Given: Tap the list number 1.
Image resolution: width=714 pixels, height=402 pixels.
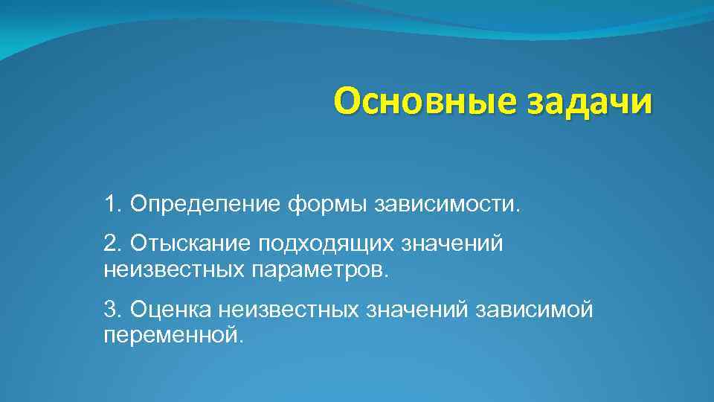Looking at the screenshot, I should pyautogui.click(x=112, y=203).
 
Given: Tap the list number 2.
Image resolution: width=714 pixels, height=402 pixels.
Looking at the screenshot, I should pyautogui.click(x=112, y=242).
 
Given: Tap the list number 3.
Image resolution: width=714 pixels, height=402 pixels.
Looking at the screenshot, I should pyautogui.click(x=112, y=309).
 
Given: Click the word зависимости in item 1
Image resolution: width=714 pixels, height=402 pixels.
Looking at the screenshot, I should pyautogui.click(x=447, y=203).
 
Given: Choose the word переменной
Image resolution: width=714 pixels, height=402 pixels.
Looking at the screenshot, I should pyautogui.click(x=172, y=334).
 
